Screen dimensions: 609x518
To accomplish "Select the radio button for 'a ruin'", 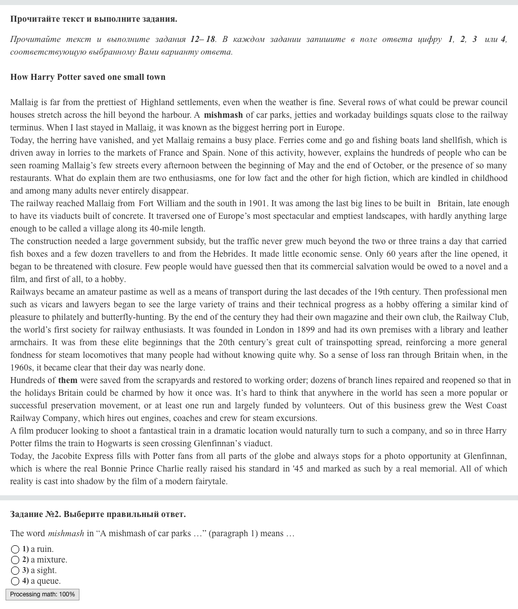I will [15, 549].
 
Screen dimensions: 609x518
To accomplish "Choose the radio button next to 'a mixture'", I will [15, 560].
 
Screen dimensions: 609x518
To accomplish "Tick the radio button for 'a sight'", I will [15, 571].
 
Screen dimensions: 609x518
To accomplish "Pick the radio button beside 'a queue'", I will [15, 581].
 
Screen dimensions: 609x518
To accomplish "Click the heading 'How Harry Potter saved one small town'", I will [88, 77].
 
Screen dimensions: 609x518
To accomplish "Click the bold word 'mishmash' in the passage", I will [223, 115].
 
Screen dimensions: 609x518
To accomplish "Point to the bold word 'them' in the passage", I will [68, 380].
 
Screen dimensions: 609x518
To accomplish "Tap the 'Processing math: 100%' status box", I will [42, 594].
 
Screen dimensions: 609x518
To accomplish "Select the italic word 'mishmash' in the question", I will [66, 533].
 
